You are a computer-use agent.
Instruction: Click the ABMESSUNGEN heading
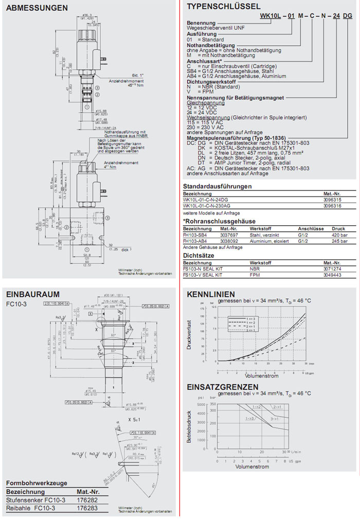coord(37,8)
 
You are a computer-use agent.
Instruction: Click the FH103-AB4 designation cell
coord(196,240)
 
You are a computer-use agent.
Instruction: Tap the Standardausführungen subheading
coord(217,186)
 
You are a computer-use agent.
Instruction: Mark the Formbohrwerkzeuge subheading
coord(38,484)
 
